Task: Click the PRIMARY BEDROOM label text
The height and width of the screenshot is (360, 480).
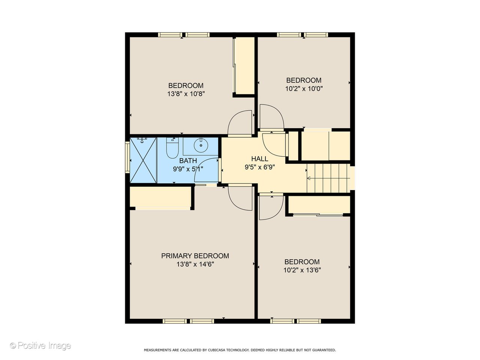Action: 195,256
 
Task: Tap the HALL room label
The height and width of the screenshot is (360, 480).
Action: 259,159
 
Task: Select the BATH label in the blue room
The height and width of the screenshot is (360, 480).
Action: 188,160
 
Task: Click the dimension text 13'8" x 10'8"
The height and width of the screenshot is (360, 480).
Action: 186,94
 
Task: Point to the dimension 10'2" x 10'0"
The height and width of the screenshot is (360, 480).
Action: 304,88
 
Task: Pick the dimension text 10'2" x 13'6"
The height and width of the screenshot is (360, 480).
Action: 302,270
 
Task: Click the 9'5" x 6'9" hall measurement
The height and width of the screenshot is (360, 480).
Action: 260,167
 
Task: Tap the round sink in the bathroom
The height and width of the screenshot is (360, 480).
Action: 201,145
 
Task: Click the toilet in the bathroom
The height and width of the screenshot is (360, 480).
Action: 172,149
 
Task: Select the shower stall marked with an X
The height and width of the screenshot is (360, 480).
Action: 143,160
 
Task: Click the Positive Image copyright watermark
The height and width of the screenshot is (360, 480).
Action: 40,345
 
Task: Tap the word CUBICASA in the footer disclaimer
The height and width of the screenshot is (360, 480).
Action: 219,350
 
